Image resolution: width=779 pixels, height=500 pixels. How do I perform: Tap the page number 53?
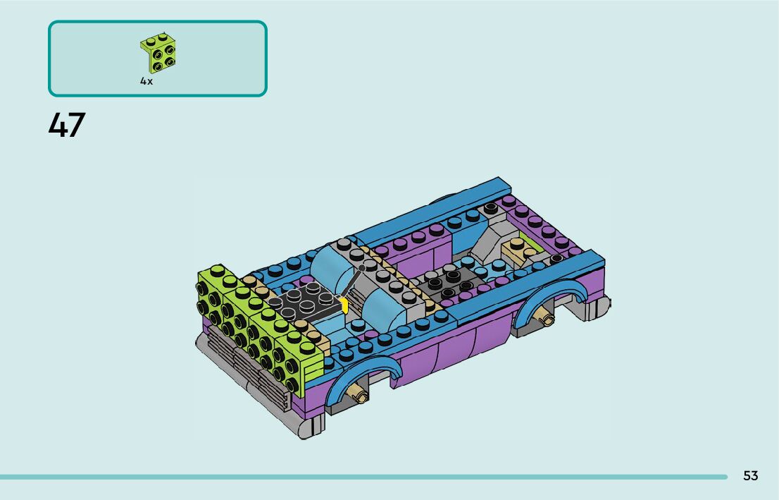(750, 475)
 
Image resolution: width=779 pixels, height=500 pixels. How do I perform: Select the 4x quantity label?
(146, 81)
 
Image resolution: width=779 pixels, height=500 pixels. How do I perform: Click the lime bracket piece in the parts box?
(158, 54)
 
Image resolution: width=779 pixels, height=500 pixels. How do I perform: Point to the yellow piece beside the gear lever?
(344, 305)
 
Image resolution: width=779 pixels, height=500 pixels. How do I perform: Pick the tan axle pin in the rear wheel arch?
(546, 317)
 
